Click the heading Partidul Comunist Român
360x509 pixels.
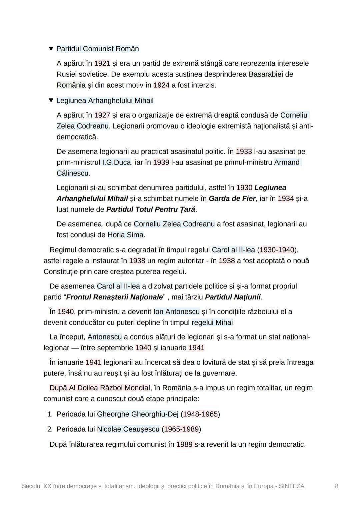tap(97, 49)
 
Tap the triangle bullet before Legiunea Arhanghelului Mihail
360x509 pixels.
tap(51, 100)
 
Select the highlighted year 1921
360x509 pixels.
tap(102, 63)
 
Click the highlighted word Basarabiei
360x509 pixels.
tap(266, 74)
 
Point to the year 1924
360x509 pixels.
tap(161, 85)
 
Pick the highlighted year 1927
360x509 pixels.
tap(102, 115)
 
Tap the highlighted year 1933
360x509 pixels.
tap(244, 151)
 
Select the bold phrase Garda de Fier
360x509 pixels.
tap(232, 199)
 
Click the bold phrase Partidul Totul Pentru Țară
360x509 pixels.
tap(150, 210)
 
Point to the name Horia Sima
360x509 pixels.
tap(125, 235)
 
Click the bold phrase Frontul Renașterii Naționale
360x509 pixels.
tap(114, 297)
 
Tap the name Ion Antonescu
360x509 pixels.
tap(176, 311)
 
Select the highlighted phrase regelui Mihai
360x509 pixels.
tap(212, 322)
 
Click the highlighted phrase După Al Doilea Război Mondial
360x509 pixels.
tap(100, 388)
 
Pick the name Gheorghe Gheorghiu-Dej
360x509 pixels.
tap(138, 414)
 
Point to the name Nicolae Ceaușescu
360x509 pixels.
tap(128, 429)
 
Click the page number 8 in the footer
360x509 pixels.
tap(337, 486)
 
